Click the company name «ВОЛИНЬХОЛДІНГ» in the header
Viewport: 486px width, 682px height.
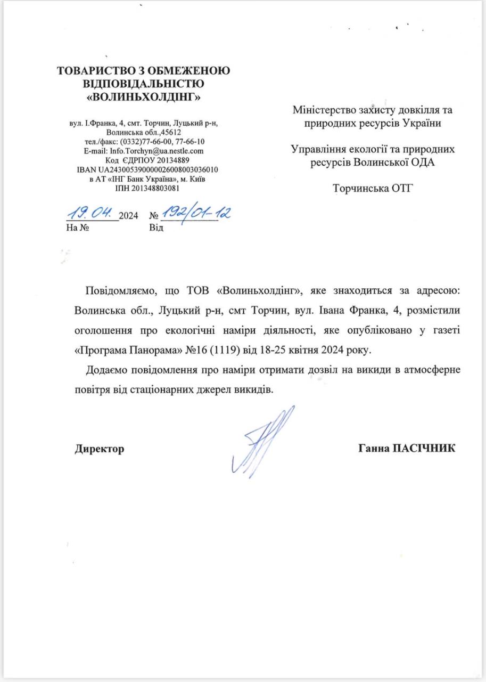tap(144, 98)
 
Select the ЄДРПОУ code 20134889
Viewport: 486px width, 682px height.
tap(166, 160)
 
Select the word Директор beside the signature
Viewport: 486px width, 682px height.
tap(99, 449)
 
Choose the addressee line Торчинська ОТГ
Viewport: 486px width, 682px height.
tap(373, 188)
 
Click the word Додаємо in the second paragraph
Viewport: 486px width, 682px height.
tap(106, 370)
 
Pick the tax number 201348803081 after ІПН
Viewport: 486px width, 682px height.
tap(154, 188)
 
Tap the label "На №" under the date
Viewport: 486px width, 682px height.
tap(76, 228)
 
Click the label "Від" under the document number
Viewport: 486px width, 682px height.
tap(157, 228)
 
